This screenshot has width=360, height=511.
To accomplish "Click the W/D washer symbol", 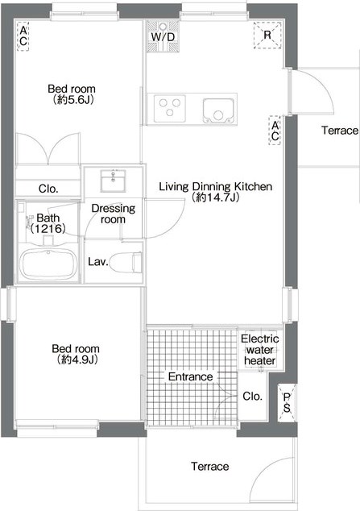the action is tap(163, 36).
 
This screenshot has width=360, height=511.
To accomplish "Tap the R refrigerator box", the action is tap(267, 35).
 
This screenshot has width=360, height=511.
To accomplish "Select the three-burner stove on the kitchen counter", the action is tap(170, 107).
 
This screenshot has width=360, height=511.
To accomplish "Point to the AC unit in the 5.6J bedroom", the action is tap(23, 36).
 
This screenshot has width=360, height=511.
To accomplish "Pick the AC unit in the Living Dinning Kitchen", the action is tap(275, 131).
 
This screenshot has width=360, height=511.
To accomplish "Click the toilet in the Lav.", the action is tap(126, 262).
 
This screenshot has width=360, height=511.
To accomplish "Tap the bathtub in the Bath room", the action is tap(48, 264).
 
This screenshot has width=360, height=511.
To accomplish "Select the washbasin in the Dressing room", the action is tap(113, 181).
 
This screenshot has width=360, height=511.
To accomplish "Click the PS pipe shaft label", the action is tap(287, 403).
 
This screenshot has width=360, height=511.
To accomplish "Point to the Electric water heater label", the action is tap(260, 350).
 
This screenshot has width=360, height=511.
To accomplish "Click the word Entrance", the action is tap(190, 376).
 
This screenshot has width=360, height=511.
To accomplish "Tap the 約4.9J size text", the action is tap(77, 359).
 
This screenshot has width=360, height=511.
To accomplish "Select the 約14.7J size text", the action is tap(216, 197).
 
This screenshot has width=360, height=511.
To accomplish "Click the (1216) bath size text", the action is tap(48, 228).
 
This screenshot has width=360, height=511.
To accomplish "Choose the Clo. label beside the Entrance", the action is tap(252, 397).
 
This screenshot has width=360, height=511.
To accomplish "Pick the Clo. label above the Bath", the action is tap(48, 189).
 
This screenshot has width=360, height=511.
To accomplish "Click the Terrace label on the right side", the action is tap(340, 131).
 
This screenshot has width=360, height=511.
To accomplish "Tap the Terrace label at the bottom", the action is tap(210, 467).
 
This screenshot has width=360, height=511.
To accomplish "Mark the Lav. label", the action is tap(98, 261).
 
